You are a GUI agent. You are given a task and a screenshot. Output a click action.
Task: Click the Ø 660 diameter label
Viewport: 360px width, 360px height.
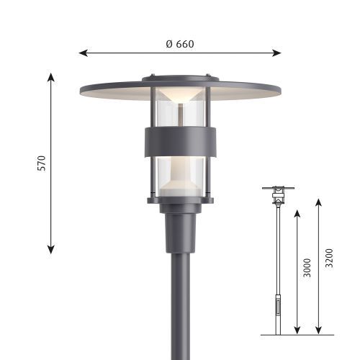pyautogui.click(x=180, y=44)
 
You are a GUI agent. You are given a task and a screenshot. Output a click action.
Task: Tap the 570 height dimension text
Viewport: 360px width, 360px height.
pyautogui.click(x=42, y=163)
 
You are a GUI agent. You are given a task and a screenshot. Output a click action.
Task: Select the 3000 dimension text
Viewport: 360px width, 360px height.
pyautogui.click(x=307, y=268)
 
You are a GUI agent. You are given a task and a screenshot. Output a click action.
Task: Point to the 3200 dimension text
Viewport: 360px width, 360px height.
pyautogui.click(x=329, y=258)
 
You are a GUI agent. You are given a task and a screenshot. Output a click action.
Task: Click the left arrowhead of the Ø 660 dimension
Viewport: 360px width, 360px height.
pyautogui.click(x=83, y=53)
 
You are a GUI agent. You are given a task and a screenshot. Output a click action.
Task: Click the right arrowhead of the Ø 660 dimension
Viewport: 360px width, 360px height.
pyautogui.click(x=276, y=53)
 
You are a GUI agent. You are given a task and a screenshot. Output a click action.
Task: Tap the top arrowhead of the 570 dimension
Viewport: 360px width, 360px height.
pyautogui.click(x=50, y=77)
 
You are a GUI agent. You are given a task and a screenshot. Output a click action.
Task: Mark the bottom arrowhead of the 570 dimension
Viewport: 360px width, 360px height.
pyautogui.click(x=50, y=250)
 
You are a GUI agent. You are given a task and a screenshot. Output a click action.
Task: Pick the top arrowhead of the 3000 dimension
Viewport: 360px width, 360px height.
pyautogui.click(x=297, y=214)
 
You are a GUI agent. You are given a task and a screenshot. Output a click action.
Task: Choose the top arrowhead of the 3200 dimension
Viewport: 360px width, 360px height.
pyautogui.click(x=318, y=202)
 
